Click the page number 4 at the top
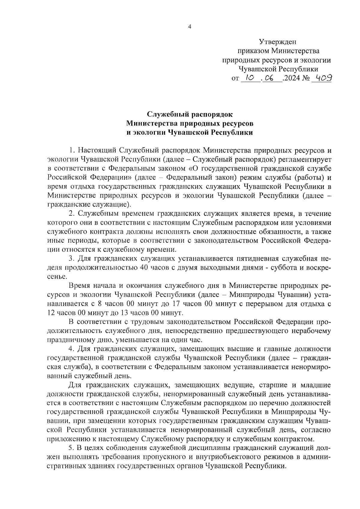[189, 27]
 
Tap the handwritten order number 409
[322, 78]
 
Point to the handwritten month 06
[271, 78]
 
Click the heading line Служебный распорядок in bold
[189, 114]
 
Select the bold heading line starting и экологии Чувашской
[189, 132]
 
